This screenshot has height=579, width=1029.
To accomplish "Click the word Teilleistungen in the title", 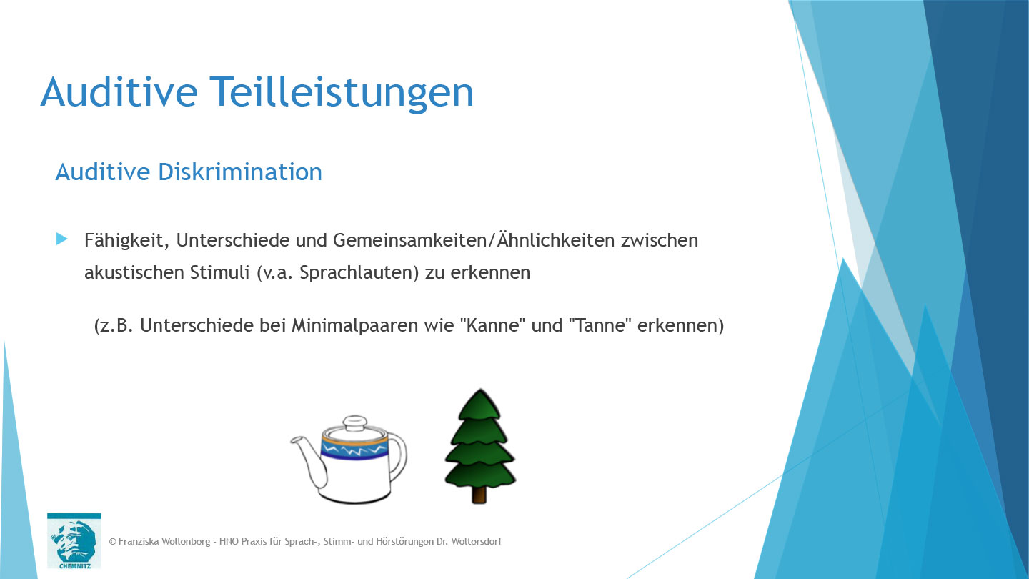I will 341,92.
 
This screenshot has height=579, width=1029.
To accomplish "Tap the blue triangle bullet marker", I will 61,239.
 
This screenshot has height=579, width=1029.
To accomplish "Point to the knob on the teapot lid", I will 354,422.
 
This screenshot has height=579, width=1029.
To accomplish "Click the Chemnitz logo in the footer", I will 74,540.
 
